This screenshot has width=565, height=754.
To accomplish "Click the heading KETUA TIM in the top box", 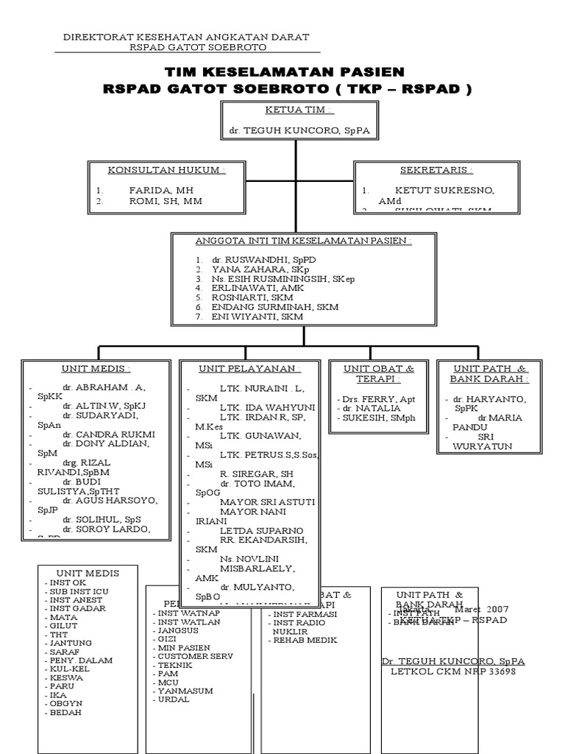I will pyautogui.click(x=299, y=110).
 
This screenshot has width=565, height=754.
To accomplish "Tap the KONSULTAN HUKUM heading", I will pyautogui.click(x=166, y=169).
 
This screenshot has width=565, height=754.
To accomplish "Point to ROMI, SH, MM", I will pyautogui.click(x=166, y=200).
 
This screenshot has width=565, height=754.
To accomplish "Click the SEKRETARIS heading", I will pyautogui.click(x=436, y=169).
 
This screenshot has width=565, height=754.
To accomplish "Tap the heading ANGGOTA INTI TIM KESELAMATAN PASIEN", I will pyautogui.click(x=302, y=241).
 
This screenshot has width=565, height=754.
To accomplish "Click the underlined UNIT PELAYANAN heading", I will pyautogui.click(x=249, y=368).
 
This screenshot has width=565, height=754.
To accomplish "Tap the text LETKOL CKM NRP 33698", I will pyautogui.click(x=452, y=672).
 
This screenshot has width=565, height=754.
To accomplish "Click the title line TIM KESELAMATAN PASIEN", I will pyautogui.click(x=284, y=71).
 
